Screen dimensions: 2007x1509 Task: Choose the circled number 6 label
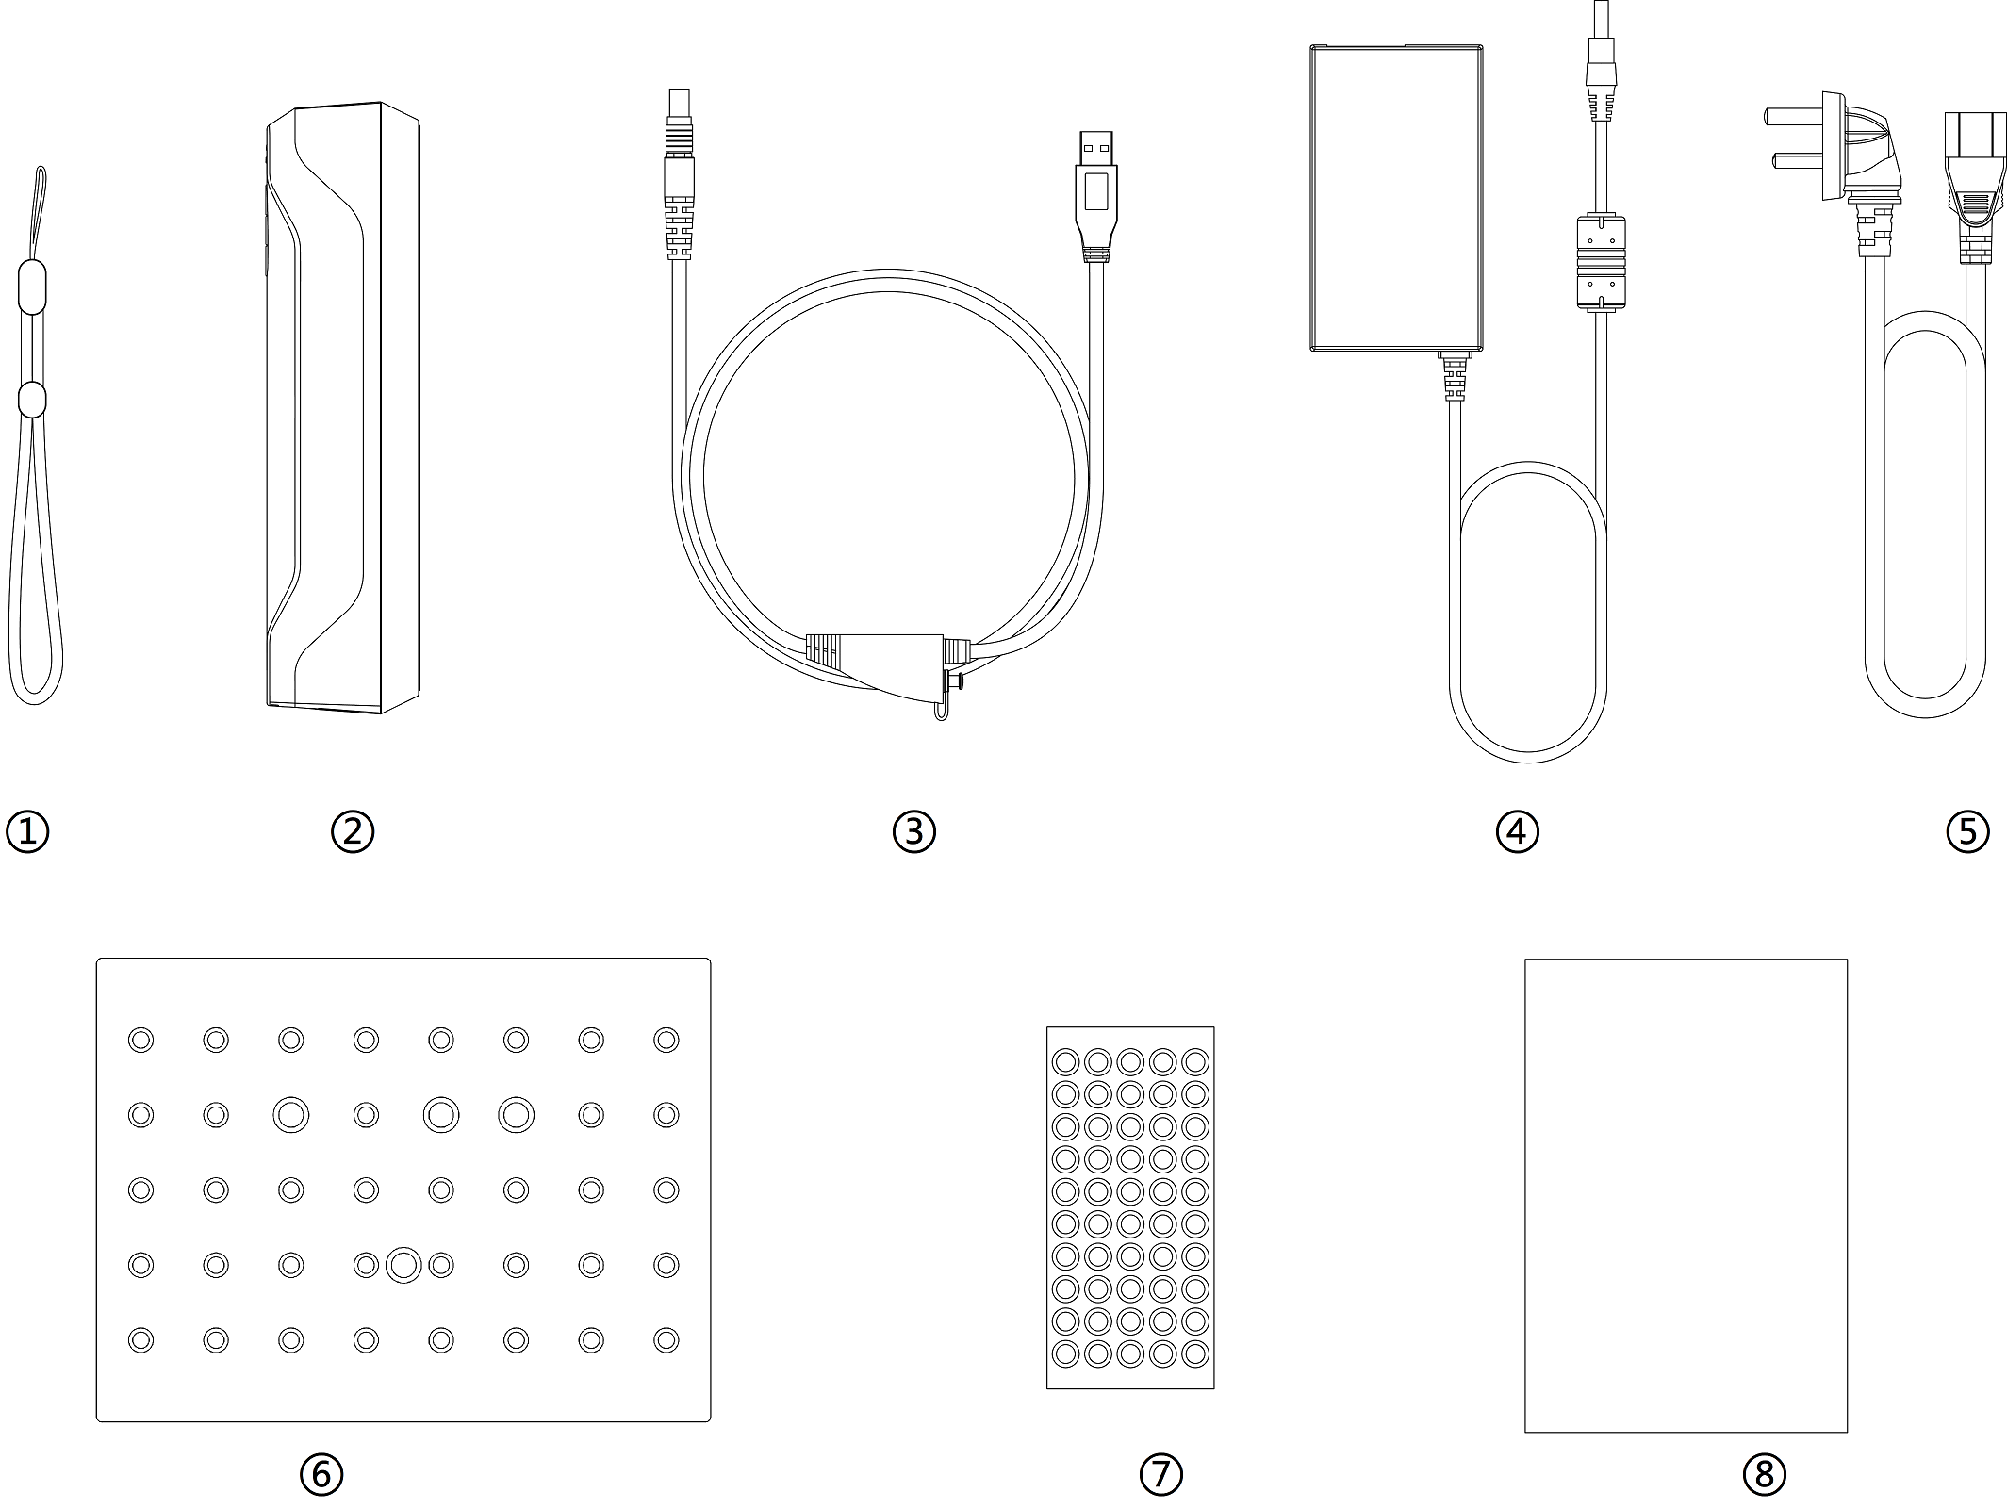(321, 1474)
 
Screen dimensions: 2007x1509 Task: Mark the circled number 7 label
(1161, 1474)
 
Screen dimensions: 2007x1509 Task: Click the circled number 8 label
(1765, 1474)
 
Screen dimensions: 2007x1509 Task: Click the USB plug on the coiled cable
(1096, 196)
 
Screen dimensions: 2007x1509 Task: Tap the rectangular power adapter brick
(1396, 198)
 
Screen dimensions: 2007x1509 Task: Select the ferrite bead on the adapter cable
(1600, 265)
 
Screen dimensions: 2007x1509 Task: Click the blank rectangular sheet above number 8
(1686, 1195)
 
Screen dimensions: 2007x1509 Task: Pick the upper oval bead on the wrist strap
(32, 288)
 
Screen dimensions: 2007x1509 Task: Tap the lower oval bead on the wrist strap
(32, 399)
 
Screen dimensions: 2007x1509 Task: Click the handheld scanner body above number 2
(342, 407)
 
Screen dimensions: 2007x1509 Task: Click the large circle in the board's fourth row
(403, 1265)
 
